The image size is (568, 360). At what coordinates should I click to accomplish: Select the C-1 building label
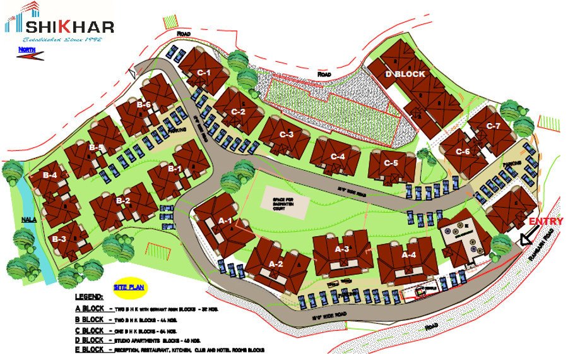pos(203,73)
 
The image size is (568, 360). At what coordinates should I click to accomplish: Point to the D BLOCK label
pos(405,74)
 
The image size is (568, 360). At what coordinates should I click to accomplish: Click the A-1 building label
pos(225,221)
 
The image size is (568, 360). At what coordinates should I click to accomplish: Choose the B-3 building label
pos(59,239)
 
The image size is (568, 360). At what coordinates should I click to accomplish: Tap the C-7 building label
pos(493,126)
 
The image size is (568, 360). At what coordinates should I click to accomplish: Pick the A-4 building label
pos(409,255)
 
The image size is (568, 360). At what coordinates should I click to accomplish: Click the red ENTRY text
pos(546,222)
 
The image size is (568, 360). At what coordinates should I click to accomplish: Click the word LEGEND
pos(89,297)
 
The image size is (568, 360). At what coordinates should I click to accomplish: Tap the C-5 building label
pos(391,163)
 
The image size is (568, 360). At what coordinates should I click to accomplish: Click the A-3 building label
pos(342,249)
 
